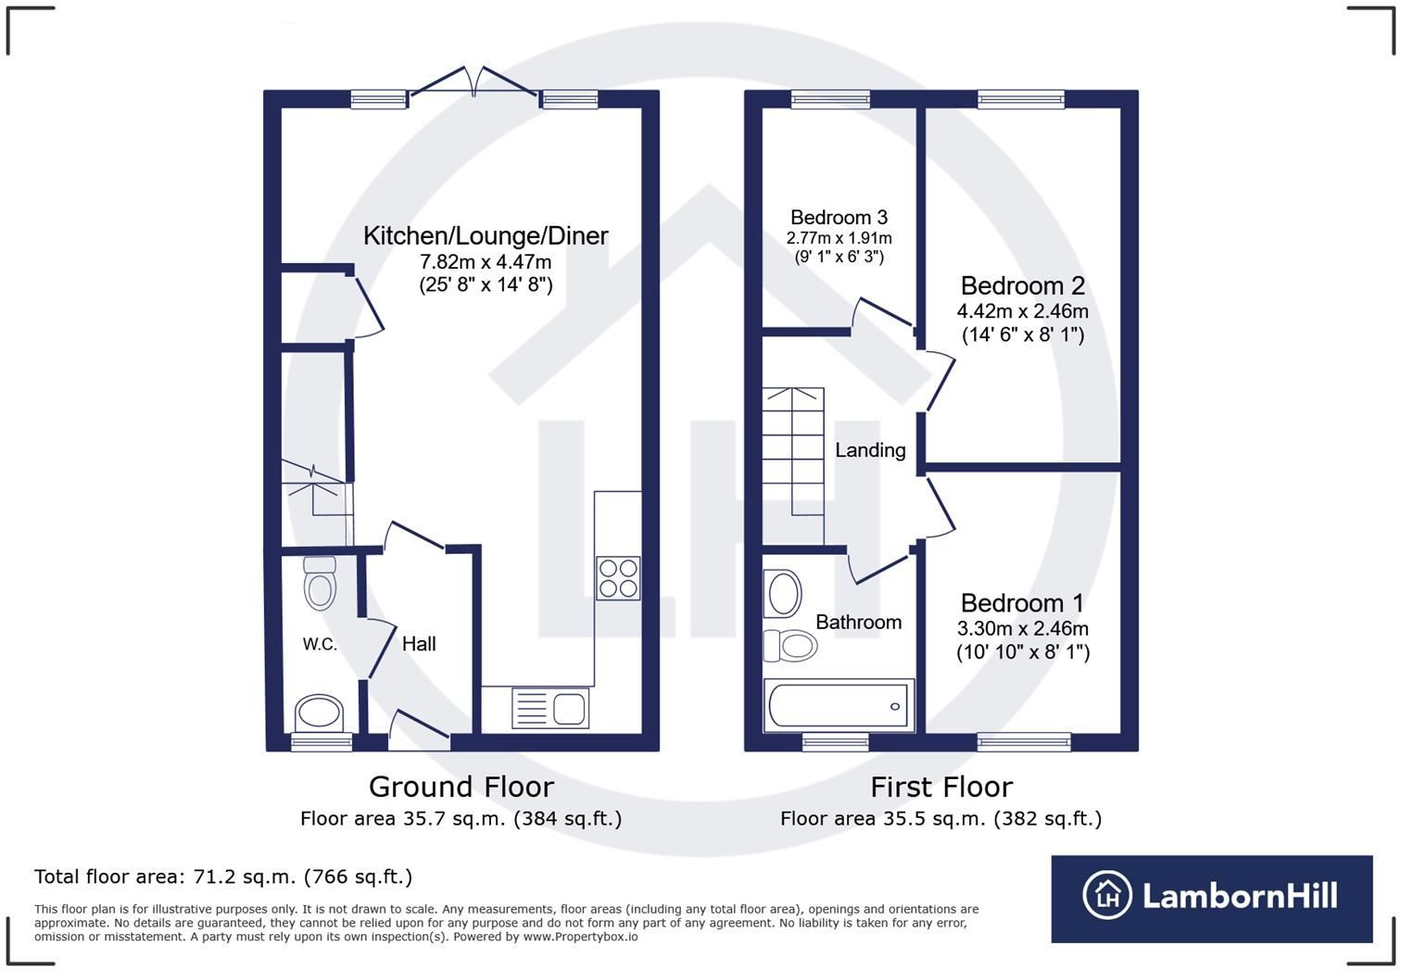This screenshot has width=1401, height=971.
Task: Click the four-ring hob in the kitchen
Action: click(x=618, y=578)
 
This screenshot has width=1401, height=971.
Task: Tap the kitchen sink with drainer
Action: click(x=550, y=708)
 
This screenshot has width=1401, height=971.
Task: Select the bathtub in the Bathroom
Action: click(x=839, y=705)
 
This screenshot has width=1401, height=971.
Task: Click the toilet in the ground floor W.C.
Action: click(x=320, y=584)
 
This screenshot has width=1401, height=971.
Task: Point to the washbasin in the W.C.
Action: click(x=320, y=713)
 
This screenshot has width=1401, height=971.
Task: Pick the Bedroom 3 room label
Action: click(x=839, y=218)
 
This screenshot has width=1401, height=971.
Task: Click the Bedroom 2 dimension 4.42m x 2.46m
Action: click(x=1023, y=310)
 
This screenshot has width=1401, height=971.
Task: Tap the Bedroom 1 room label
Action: click(x=1023, y=603)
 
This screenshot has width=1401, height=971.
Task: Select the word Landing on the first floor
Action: click(x=870, y=450)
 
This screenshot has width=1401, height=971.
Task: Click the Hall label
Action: click(x=419, y=643)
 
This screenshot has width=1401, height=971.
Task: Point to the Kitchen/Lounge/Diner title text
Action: click(x=486, y=235)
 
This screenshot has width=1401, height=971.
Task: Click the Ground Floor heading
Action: click(x=461, y=787)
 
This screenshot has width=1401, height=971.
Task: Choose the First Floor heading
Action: click(x=941, y=787)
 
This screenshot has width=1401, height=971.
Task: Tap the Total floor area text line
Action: click(x=223, y=876)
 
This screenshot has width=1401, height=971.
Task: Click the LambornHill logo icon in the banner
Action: click(x=1107, y=895)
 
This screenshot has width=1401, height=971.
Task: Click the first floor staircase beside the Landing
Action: click(x=792, y=465)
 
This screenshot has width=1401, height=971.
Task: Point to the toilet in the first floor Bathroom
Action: click(x=790, y=645)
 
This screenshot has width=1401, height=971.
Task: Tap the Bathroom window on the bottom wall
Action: click(x=836, y=741)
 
